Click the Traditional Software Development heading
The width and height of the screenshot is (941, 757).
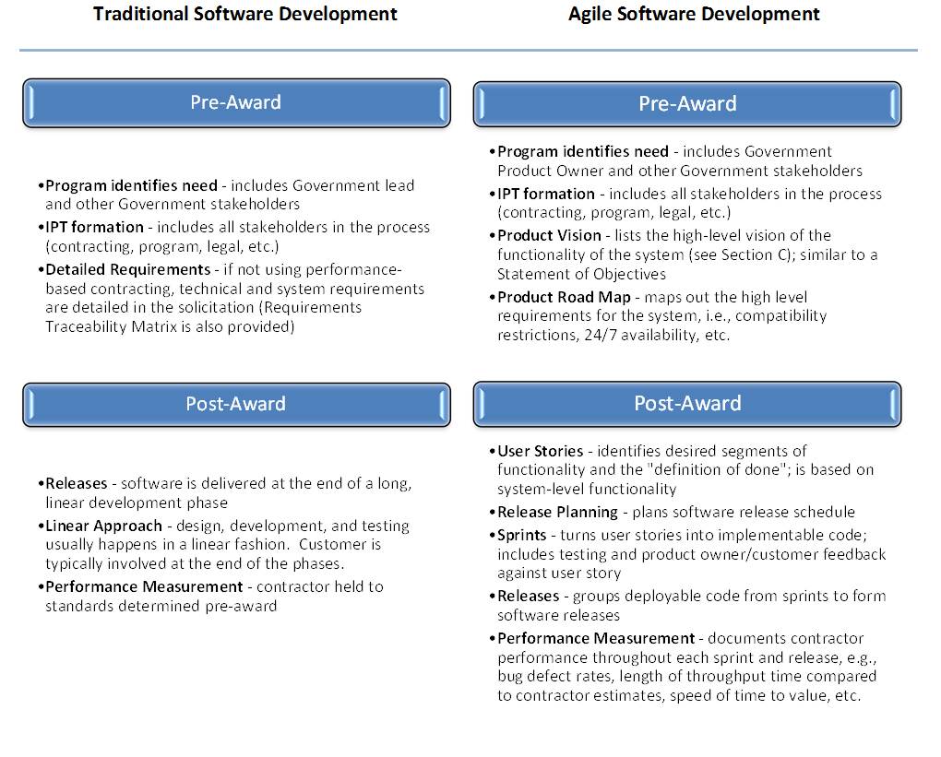[x=244, y=15]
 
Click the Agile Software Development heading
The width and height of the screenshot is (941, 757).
[x=694, y=15]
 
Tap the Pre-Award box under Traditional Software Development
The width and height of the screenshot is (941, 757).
[x=236, y=103]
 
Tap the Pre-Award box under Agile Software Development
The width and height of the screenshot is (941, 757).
[x=687, y=104]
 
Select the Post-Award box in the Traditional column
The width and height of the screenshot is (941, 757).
[x=236, y=405]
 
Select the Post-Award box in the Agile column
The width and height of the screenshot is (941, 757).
[x=687, y=404]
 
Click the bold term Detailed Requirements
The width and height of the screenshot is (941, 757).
[x=128, y=269]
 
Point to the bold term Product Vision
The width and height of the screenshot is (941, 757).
[x=549, y=235]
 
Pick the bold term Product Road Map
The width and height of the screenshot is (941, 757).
[x=564, y=297]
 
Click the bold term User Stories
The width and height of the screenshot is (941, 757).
[x=540, y=451]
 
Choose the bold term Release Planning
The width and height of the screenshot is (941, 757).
[x=557, y=513]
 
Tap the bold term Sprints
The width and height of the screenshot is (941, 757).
[x=522, y=535]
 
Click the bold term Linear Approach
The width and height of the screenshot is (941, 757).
[x=104, y=526]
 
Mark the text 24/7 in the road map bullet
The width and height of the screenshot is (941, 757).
[x=601, y=335]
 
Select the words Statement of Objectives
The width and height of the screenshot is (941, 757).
[x=581, y=274]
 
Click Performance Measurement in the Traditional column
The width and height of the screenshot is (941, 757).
[x=144, y=586]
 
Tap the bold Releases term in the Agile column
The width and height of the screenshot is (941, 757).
[x=528, y=597]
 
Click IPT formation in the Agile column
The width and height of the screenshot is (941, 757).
[x=546, y=194]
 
